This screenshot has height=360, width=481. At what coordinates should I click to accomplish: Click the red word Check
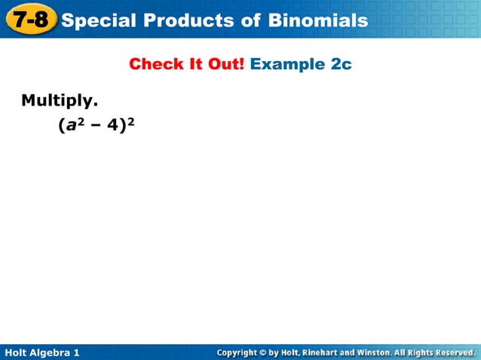coord(155,64)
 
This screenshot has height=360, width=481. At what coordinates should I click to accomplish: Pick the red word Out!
coord(224,64)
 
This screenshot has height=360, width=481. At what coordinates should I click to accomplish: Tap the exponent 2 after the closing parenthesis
coord(130,121)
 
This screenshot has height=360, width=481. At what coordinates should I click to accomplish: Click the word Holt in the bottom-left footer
coord(17,352)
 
